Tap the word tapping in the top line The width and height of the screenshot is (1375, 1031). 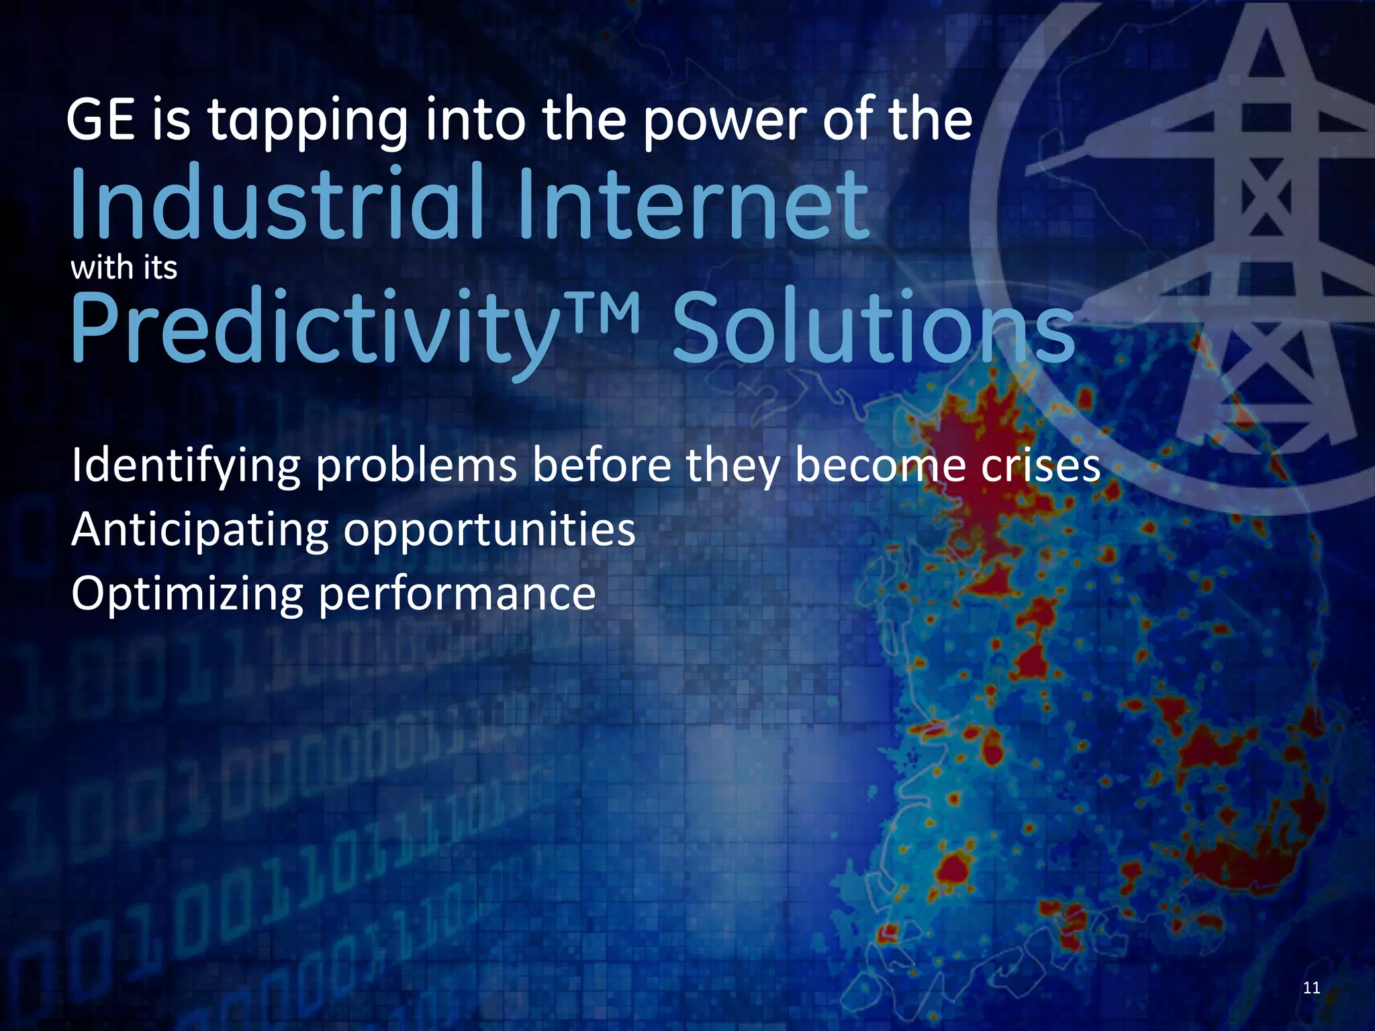307,122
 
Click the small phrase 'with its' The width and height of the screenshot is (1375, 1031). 124,268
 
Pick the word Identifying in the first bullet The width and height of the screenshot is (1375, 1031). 185,467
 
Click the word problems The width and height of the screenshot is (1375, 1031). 417,465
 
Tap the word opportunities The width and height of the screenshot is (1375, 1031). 489,531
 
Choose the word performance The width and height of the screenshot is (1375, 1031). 457,595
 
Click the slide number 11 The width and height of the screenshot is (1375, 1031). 1311,987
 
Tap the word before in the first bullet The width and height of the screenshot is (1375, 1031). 602,465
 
